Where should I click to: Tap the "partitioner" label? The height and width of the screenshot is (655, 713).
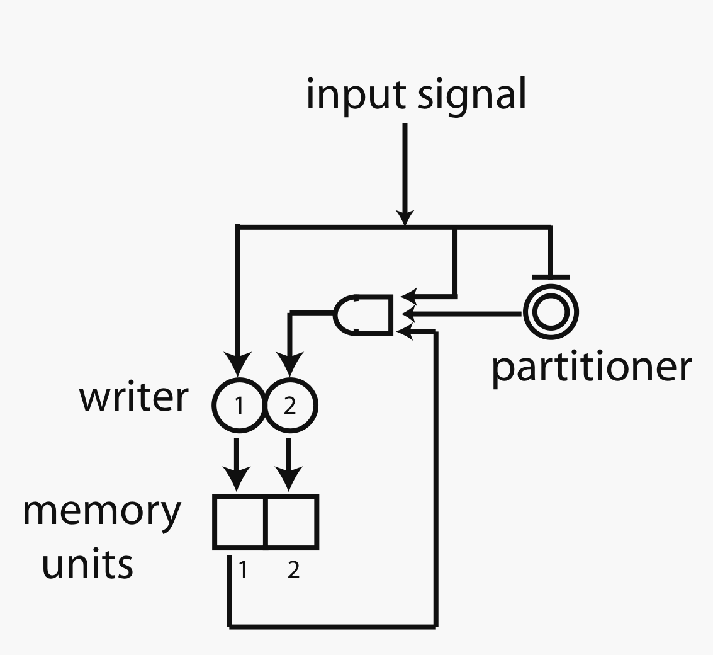[x=591, y=367]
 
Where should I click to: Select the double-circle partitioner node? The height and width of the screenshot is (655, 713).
[x=551, y=312]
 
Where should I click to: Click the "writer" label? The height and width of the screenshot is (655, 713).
[x=133, y=398]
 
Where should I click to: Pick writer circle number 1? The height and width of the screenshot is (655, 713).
[x=239, y=406]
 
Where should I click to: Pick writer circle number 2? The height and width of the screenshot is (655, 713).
[x=291, y=406]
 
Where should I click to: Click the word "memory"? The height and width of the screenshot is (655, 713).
[x=102, y=513]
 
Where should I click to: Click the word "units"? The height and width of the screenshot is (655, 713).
[x=87, y=564]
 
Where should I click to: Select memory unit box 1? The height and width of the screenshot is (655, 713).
[x=240, y=521]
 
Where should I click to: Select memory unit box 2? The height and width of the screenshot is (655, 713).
[x=291, y=521]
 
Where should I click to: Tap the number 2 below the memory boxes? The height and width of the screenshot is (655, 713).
[x=293, y=571]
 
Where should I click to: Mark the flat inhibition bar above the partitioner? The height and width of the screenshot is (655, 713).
[x=551, y=276]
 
